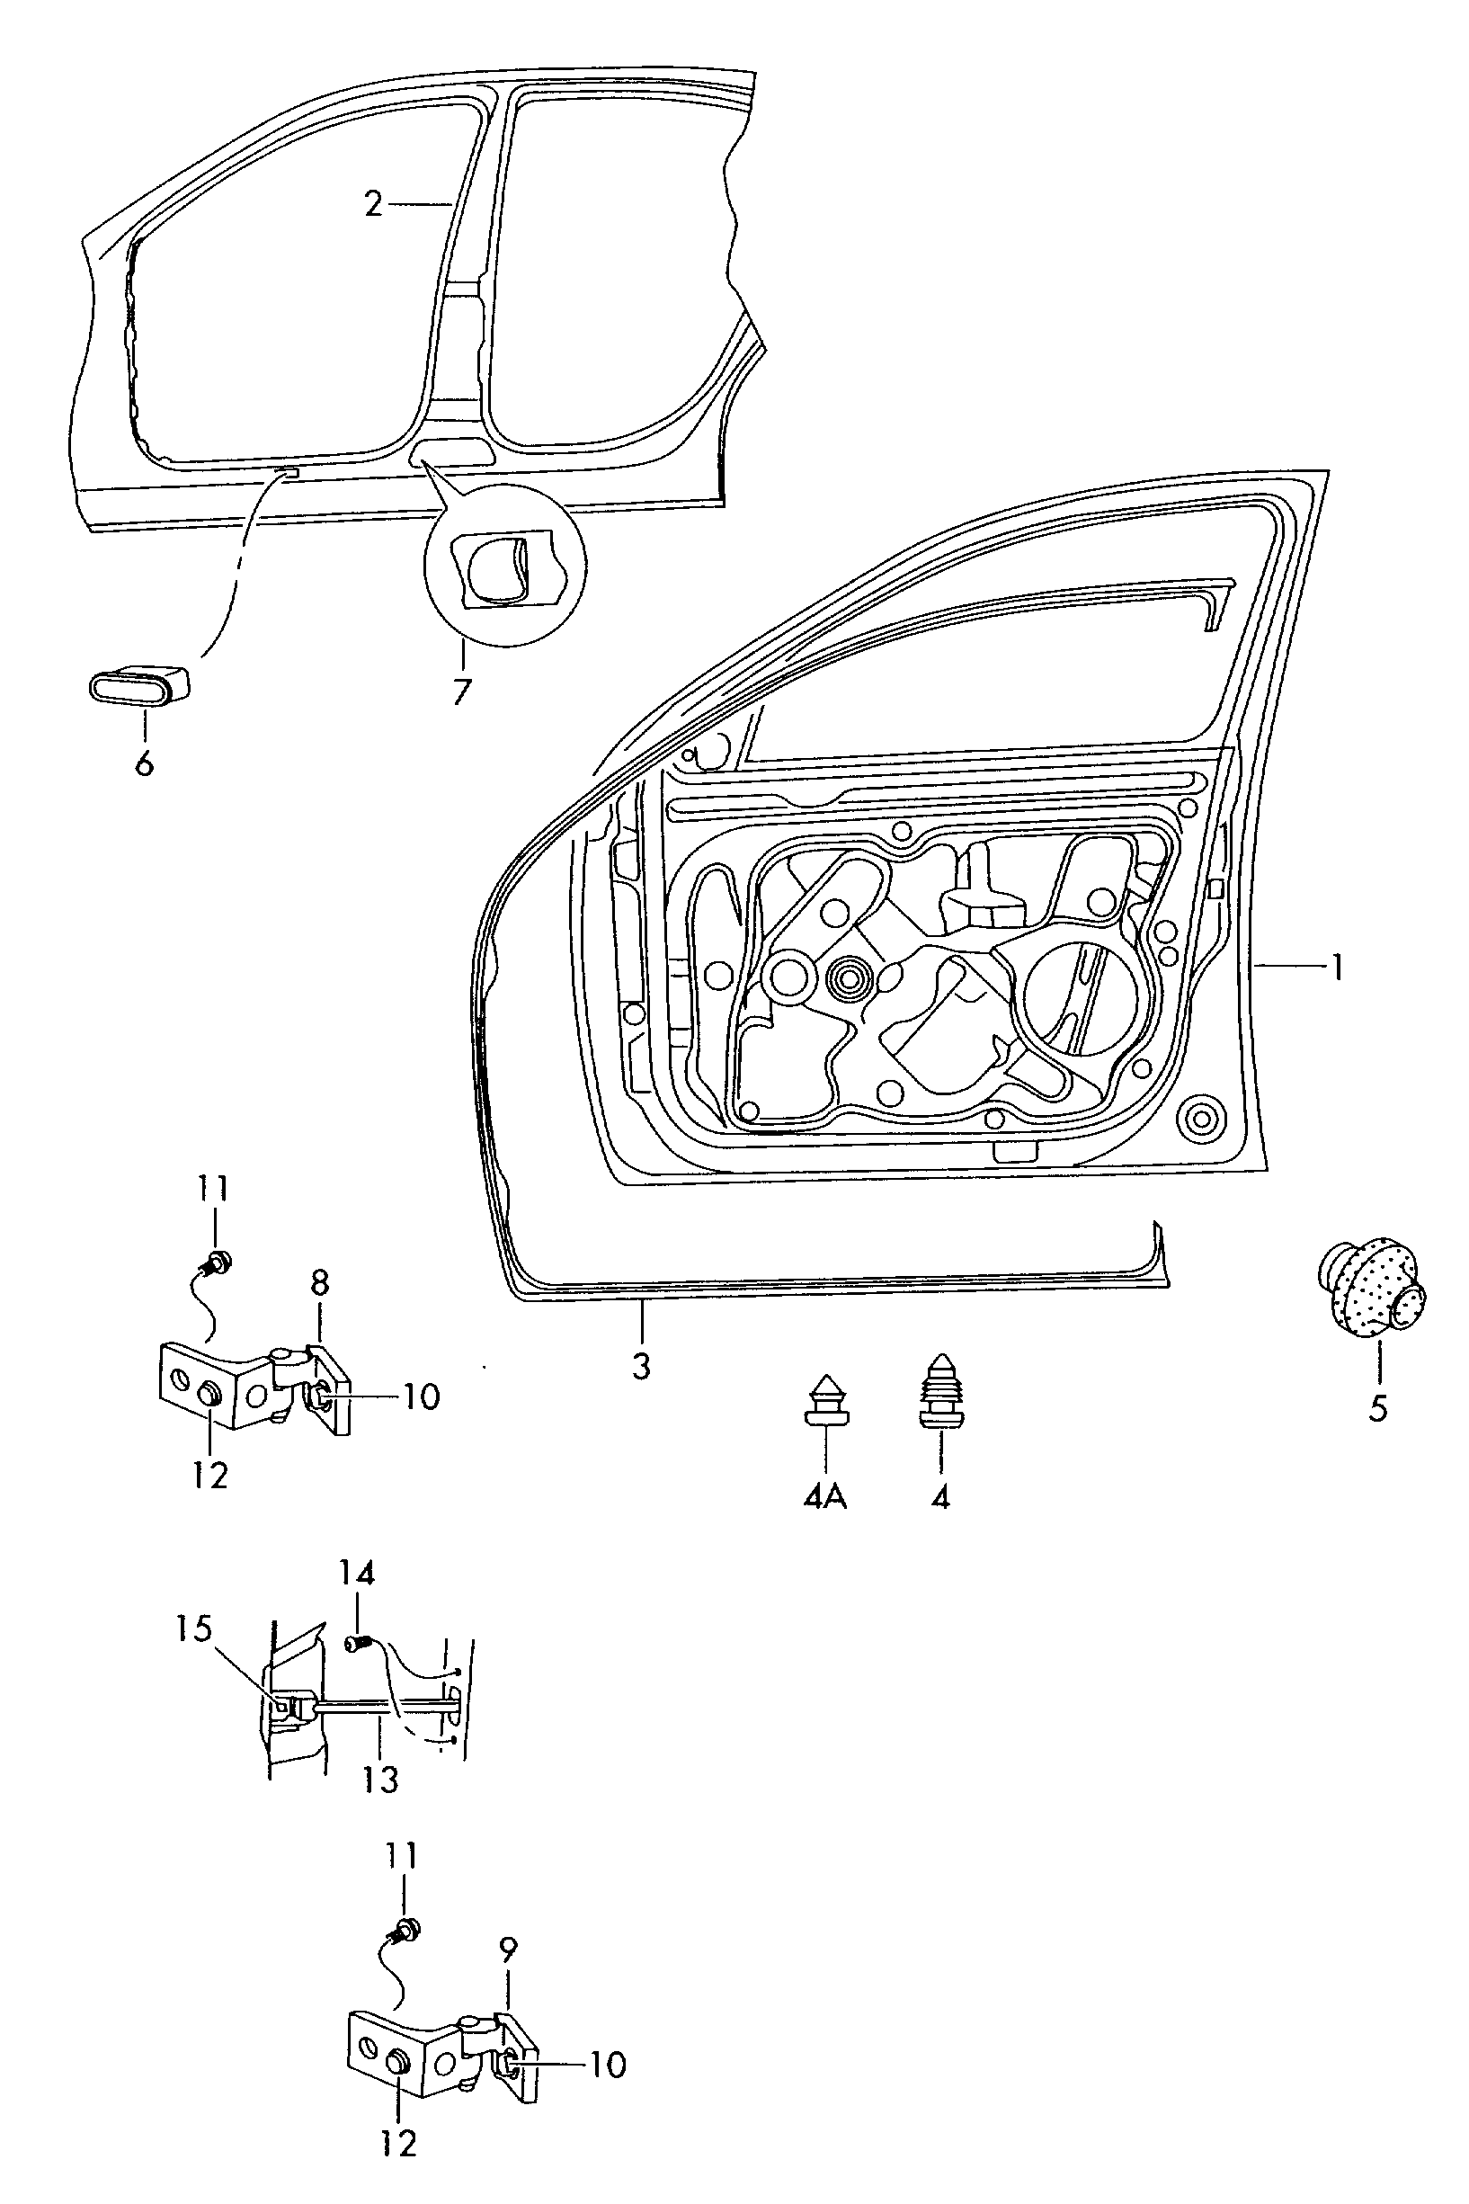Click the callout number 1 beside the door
point(1338,967)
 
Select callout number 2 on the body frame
point(374,203)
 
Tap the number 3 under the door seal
point(641,1365)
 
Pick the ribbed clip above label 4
point(939,1393)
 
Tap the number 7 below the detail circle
point(461,692)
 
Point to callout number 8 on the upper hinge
point(320,1283)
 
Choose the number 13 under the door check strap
point(381,1779)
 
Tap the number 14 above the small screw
point(357,1599)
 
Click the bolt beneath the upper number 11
point(218,1262)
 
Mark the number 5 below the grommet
point(1377,1408)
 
